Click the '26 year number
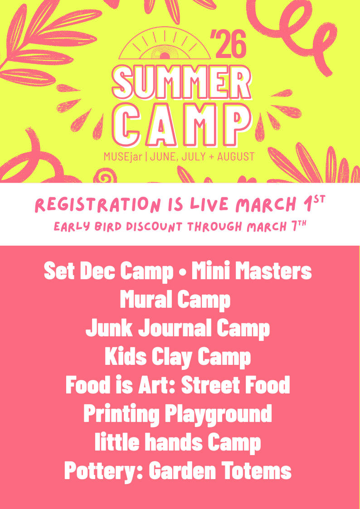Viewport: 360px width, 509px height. tap(228, 43)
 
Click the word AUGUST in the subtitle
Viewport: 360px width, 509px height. tap(236, 156)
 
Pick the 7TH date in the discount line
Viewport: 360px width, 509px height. tap(299, 225)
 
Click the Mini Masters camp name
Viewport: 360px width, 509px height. tap(252, 271)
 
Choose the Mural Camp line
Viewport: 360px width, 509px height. tap(175, 300)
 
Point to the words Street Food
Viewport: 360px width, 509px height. tap(235, 385)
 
